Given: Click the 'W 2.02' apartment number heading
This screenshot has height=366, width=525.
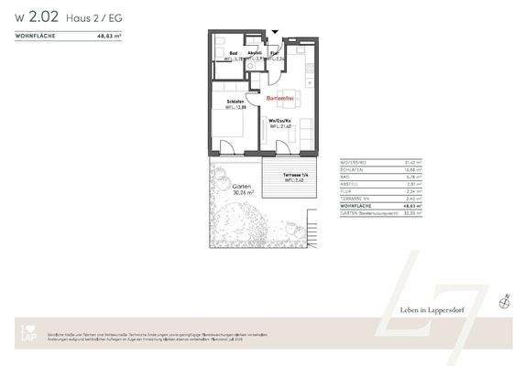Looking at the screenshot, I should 38,15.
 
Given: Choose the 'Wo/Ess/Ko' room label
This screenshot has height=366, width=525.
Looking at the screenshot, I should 279,121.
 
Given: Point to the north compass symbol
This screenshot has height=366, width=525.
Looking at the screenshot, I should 503,299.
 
